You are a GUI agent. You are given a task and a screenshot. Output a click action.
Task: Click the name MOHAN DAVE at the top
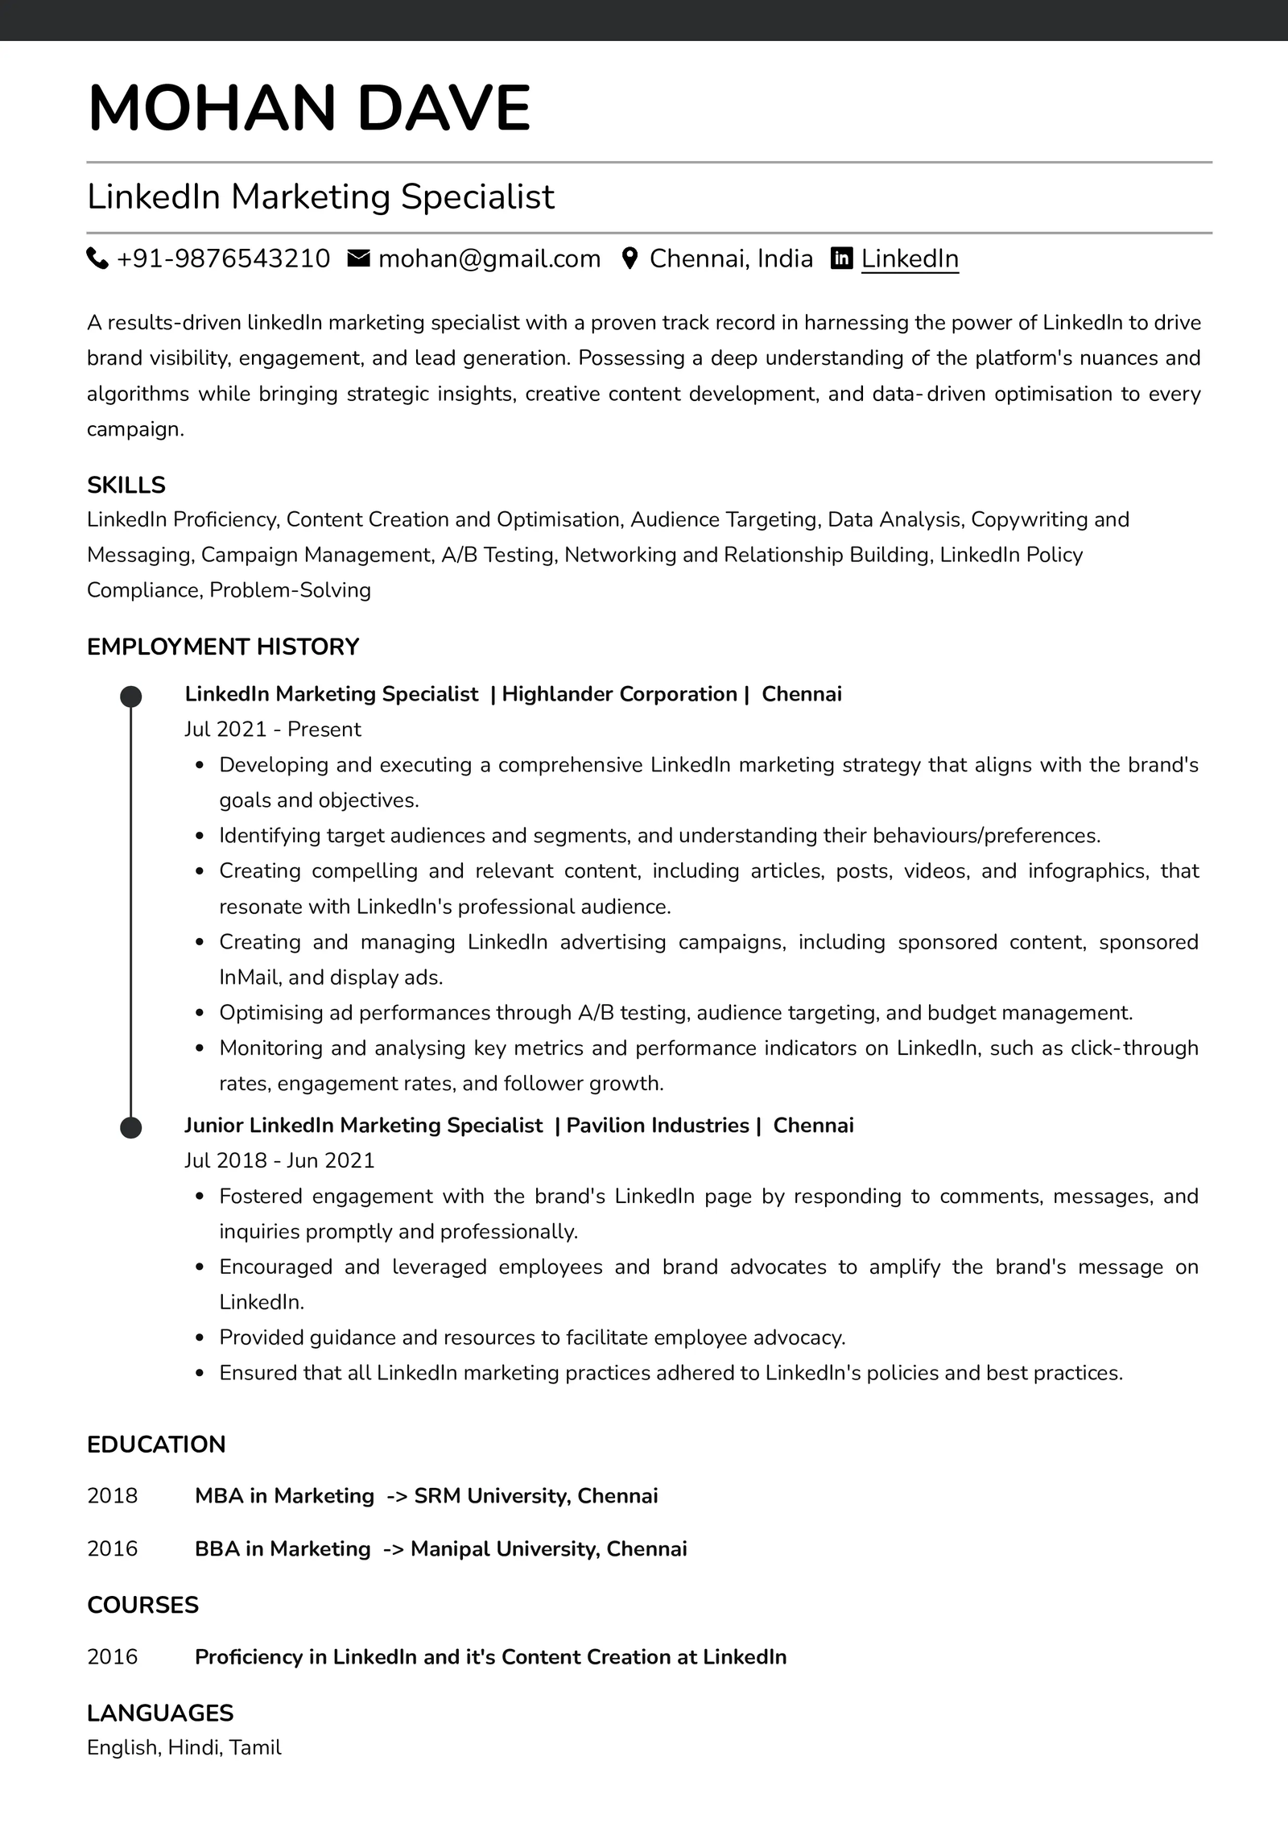click(x=309, y=108)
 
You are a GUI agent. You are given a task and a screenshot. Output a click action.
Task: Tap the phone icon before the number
click(x=97, y=258)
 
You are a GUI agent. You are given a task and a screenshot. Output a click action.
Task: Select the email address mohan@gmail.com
click(x=489, y=258)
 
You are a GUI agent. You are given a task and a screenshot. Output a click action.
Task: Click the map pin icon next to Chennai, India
click(x=630, y=258)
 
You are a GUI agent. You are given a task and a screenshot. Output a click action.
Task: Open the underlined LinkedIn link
click(x=910, y=258)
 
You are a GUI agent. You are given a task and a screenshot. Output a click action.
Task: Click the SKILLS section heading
click(x=126, y=485)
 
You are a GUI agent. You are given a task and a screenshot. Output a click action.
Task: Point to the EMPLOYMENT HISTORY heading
click(x=223, y=647)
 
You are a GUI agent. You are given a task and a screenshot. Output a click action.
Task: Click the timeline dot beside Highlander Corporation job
click(x=131, y=697)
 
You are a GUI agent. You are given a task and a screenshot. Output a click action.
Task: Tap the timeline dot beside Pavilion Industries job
click(x=131, y=1127)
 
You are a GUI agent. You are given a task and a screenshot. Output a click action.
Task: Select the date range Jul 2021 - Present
click(x=273, y=729)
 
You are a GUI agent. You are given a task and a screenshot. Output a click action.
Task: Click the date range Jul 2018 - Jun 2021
click(x=279, y=1160)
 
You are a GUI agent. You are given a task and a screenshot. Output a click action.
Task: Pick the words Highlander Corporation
click(x=619, y=694)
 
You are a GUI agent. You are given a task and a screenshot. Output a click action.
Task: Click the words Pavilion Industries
click(x=657, y=1125)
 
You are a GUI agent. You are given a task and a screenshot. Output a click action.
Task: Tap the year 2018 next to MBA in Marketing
click(x=113, y=1495)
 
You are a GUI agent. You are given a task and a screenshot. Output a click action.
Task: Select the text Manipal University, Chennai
click(x=548, y=1548)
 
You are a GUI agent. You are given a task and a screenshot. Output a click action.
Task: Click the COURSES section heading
click(x=142, y=1605)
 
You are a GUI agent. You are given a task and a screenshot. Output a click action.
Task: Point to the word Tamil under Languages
click(x=255, y=1747)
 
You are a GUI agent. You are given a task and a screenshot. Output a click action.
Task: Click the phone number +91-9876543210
click(x=223, y=258)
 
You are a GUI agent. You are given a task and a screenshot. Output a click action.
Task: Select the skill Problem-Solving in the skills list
click(x=290, y=590)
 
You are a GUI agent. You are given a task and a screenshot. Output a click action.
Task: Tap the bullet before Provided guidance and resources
click(x=200, y=1337)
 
